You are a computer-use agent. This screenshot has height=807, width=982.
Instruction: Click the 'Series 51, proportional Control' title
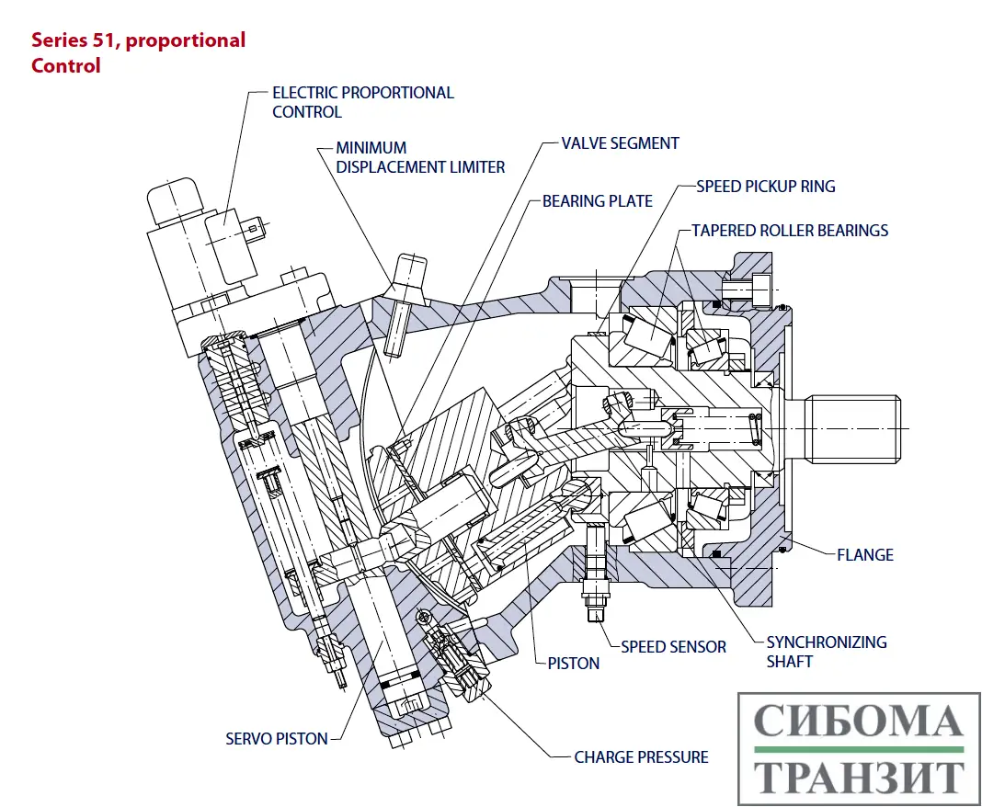(138, 52)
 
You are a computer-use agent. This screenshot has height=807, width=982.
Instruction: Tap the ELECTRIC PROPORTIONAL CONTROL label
(362, 102)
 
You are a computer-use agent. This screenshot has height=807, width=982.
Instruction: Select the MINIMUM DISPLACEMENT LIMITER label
(419, 157)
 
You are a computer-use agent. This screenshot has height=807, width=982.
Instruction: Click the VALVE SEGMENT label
(620, 143)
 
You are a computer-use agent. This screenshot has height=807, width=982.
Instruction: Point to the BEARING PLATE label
(597, 200)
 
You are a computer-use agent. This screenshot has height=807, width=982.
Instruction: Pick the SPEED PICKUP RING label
(765, 187)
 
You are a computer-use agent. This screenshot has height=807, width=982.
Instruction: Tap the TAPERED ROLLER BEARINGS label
(790, 230)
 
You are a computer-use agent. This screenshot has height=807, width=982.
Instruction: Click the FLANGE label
(864, 554)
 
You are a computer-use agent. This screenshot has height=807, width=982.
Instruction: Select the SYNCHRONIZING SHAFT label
(826, 651)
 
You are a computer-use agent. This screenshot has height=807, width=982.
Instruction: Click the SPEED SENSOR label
(673, 647)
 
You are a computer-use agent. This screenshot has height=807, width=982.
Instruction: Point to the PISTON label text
(573, 663)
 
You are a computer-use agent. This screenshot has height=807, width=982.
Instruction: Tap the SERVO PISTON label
(276, 739)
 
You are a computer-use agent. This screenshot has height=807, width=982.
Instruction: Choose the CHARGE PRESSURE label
(641, 757)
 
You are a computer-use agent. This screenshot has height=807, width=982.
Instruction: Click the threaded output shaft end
(855, 427)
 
